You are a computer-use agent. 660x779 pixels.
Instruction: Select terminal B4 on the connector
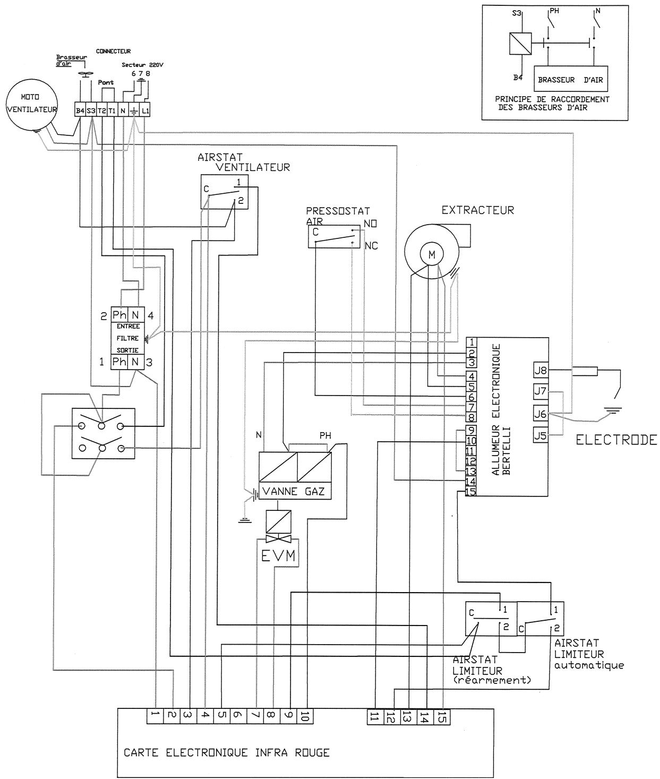(x=80, y=110)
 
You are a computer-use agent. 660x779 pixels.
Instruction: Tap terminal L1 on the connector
(x=145, y=110)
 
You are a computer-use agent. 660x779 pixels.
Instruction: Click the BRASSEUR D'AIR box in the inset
(x=571, y=81)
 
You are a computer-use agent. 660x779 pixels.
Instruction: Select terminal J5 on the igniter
(x=540, y=435)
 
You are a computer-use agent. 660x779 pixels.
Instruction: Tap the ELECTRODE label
(x=616, y=440)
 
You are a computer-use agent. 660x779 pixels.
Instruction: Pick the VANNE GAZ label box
(x=294, y=491)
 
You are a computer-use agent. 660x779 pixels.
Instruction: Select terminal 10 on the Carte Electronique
(x=304, y=716)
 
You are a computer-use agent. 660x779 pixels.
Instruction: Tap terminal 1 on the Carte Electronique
(x=155, y=716)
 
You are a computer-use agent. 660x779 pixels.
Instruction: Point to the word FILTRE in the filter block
(x=127, y=338)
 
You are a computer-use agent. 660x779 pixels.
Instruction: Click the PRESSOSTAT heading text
(x=338, y=211)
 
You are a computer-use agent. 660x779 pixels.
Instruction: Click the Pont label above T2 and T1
(x=106, y=83)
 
